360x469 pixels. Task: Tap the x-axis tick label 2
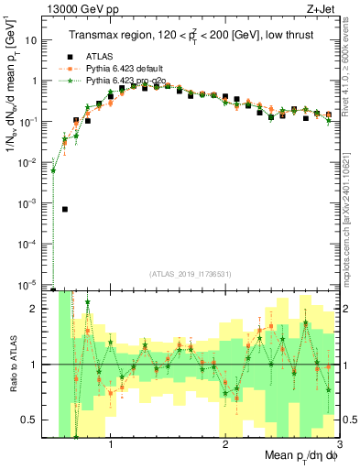pyautogui.click(x=225, y=446)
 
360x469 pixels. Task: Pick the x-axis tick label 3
pyautogui.click(x=339, y=446)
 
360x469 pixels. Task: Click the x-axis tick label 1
pyautogui.click(x=111, y=446)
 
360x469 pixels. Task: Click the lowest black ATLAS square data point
pyautogui.click(x=65, y=209)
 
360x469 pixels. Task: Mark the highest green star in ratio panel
pyautogui.click(x=88, y=302)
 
